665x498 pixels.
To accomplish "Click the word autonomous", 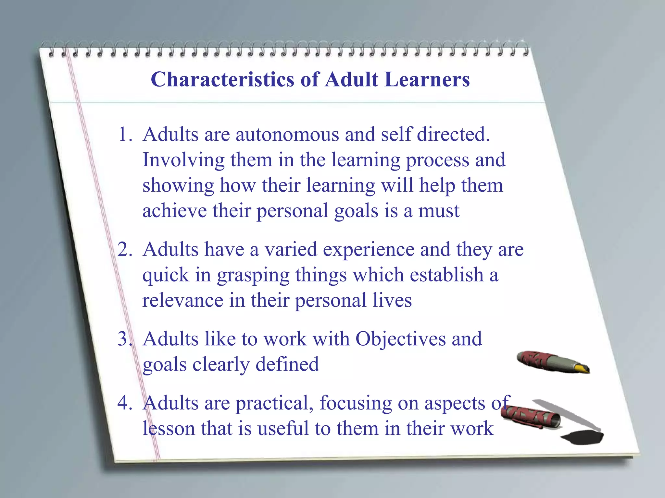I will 287,134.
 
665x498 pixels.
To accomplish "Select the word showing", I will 178,186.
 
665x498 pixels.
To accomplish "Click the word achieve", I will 174,211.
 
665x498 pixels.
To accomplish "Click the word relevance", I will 183,300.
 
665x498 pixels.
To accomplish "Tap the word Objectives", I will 400,339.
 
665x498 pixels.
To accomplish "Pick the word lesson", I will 169,429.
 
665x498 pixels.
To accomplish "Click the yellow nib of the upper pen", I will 581,369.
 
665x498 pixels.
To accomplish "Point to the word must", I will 438,211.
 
